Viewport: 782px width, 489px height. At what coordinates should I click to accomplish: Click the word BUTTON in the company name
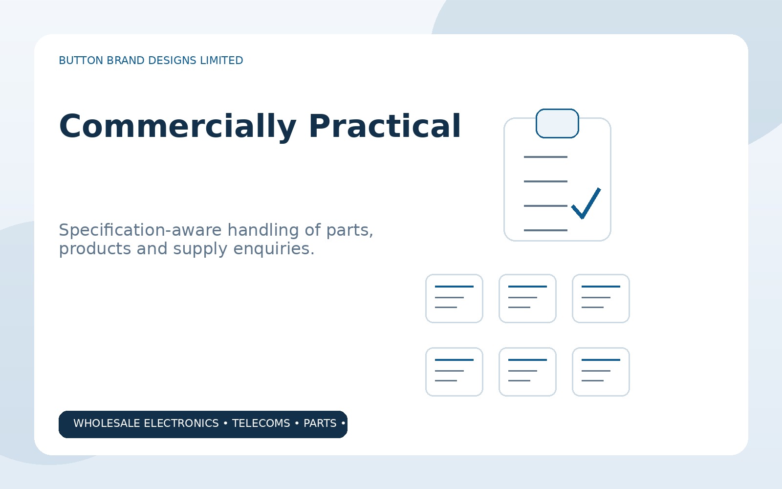tap(81, 61)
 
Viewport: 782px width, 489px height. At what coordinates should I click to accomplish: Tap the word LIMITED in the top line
tap(221, 61)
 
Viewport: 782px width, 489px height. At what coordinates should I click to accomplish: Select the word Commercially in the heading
tap(178, 127)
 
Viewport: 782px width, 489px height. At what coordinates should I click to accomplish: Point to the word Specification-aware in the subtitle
tap(140, 230)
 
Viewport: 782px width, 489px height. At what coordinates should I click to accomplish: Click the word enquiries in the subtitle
tap(274, 249)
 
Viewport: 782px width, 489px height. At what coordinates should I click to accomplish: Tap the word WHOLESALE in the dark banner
tap(107, 423)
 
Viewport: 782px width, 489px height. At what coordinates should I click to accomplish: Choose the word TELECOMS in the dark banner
tap(261, 423)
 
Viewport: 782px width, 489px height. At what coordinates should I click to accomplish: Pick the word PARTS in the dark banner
tap(320, 423)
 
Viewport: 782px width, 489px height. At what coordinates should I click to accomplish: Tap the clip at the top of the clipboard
tap(557, 124)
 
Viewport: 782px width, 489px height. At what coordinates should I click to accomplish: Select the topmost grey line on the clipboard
tap(545, 157)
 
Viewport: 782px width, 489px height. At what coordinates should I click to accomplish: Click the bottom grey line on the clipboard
tap(545, 230)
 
